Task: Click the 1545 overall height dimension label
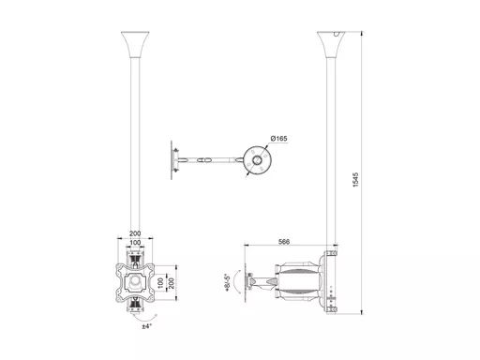pos(356,180)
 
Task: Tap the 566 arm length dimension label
pos(284,242)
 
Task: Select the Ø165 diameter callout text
pos(279,138)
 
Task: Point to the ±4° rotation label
pos(146,326)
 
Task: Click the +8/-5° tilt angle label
pos(228,283)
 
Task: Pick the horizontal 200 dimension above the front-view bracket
pos(135,233)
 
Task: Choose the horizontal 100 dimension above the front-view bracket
pos(135,243)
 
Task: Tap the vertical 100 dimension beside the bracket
pos(160,283)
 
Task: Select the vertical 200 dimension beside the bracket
pos(172,283)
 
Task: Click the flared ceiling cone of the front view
pos(135,44)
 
